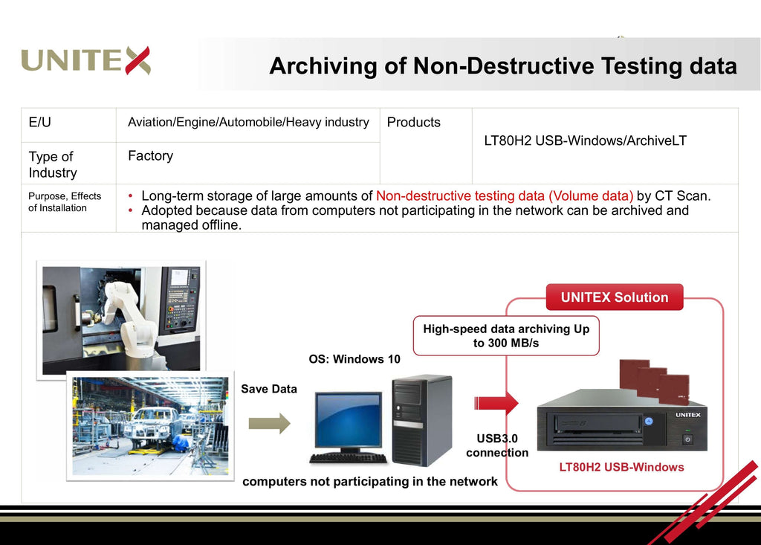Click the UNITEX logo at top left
[85, 60]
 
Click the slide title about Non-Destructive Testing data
[502, 65]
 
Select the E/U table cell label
[40, 123]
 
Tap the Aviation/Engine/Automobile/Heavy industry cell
[248, 122]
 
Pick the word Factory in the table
[150, 155]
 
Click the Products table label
[414, 123]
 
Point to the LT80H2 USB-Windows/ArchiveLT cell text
[585, 141]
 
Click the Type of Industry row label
[52, 164]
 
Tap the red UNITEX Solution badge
[615, 297]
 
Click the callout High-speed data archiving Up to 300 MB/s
[505, 335]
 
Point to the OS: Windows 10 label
[354, 359]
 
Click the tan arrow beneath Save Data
[269, 424]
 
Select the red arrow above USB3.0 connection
[496, 403]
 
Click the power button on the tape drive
[687, 439]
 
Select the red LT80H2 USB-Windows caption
[621, 468]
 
